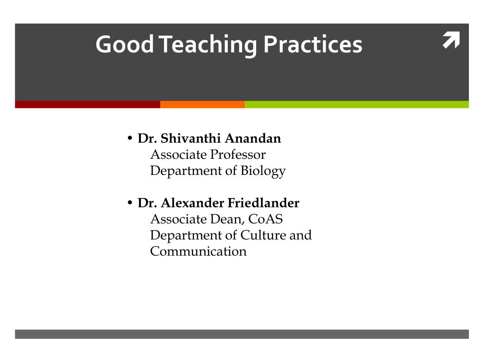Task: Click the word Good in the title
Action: tap(125, 44)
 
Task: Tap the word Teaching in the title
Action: tap(208, 45)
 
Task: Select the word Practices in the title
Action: tap(313, 44)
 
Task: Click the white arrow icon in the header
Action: tap(451, 40)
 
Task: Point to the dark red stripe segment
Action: tap(87, 104)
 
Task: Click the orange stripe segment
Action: tap(202, 104)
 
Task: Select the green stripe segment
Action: tap(357, 104)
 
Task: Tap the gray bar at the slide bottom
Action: tap(242, 334)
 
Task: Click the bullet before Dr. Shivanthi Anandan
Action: tap(130, 138)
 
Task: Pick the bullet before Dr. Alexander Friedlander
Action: tap(130, 203)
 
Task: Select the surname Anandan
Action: tap(253, 138)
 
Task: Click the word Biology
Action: tap(263, 171)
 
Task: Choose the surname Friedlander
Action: tap(263, 203)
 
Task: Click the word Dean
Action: tap(227, 219)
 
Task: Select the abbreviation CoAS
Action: tap(266, 219)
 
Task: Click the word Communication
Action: tap(199, 251)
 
